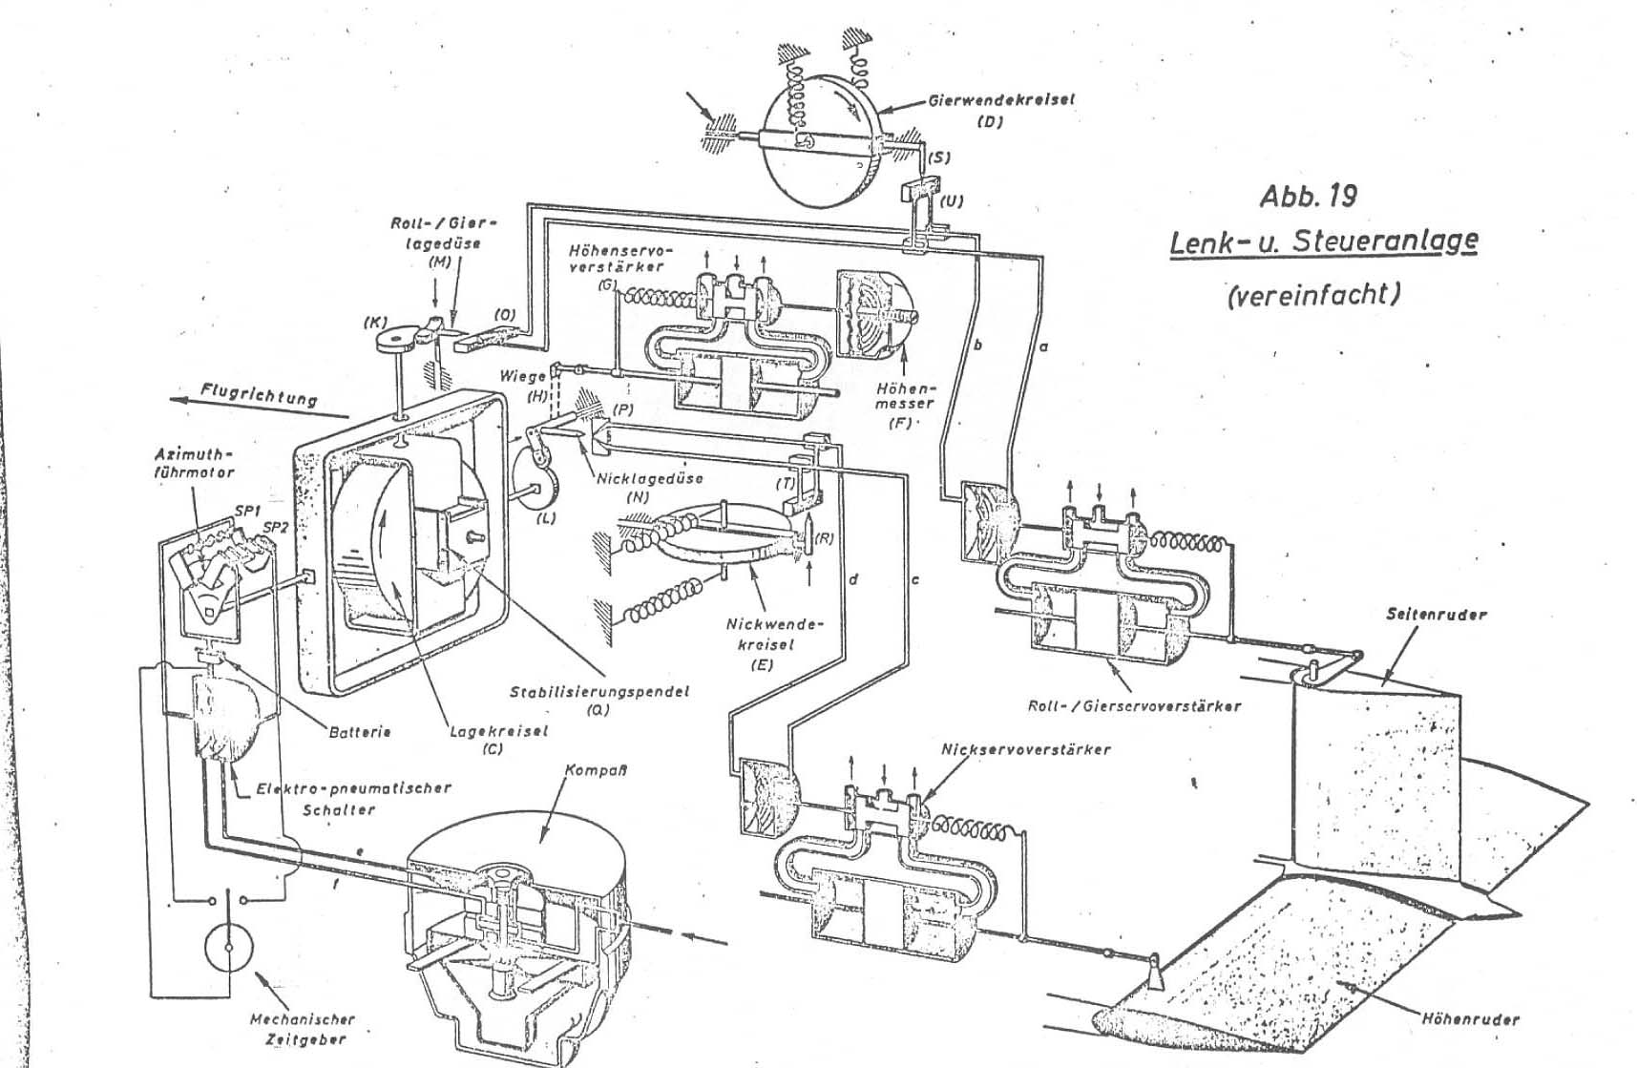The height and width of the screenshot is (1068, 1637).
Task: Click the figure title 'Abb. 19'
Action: tap(1308, 196)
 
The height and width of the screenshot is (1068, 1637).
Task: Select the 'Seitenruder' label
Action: tap(1436, 615)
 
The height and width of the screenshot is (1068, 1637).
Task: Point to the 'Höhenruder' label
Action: tap(1470, 1019)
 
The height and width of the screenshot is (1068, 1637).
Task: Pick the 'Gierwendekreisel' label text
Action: tap(1002, 100)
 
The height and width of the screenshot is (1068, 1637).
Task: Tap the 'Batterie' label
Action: tap(359, 732)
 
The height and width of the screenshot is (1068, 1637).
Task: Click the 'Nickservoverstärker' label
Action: tap(1026, 749)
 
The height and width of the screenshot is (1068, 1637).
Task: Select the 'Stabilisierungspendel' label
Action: tap(598, 691)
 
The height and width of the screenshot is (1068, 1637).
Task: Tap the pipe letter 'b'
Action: tap(977, 346)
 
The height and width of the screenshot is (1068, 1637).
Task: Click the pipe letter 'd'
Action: tap(853, 578)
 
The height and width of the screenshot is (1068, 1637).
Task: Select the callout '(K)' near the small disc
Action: tap(375, 324)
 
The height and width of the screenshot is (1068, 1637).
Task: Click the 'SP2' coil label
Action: tap(275, 527)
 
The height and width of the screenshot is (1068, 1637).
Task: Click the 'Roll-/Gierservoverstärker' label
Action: tap(1134, 706)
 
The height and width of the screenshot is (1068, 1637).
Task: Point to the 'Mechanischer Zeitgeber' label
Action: tap(302, 1029)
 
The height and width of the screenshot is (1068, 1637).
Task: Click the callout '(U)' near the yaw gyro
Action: tap(952, 201)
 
